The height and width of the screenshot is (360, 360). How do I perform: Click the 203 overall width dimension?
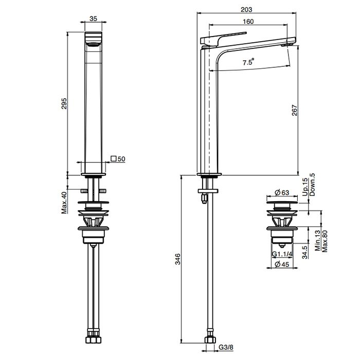pyautogui.click(x=246, y=9)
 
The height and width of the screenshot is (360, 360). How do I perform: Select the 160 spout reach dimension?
pyautogui.click(x=248, y=22)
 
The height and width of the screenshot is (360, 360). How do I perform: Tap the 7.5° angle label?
pyautogui.click(x=248, y=62)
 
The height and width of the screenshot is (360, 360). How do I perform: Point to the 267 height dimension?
pyautogui.click(x=295, y=110)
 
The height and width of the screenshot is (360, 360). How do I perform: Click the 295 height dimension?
pyautogui.click(x=64, y=103)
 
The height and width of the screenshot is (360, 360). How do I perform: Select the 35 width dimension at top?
pyautogui.click(x=93, y=19)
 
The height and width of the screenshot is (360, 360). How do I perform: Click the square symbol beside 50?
pyautogui.click(x=113, y=158)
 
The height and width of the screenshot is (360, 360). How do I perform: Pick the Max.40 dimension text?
pyautogui.click(x=64, y=203)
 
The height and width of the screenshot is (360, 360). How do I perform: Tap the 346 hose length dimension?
pyautogui.click(x=178, y=259)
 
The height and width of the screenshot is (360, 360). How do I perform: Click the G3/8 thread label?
pyautogui.click(x=226, y=347)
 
